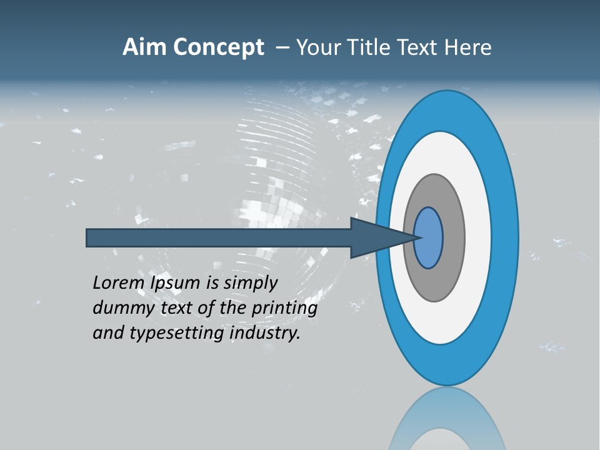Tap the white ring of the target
click(477, 237)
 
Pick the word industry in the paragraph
click(265, 333)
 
